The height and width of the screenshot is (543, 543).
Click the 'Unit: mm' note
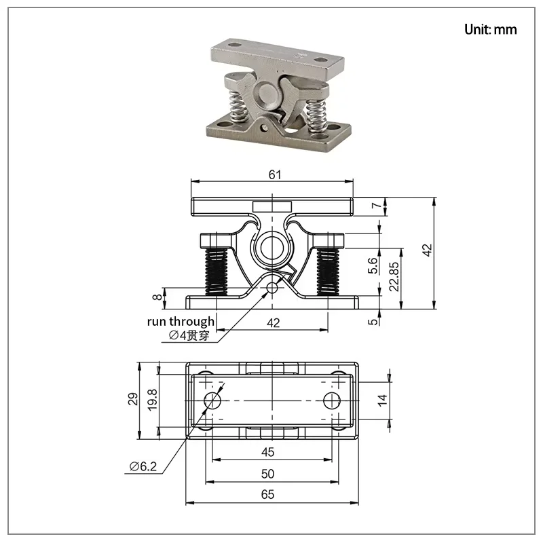click(x=490, y=29)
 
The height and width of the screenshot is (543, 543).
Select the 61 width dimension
click(x=275, y=174)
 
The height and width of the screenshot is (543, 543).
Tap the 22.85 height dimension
click(x=394, y=276)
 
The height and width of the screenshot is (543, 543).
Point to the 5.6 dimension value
click(x=372, y=265)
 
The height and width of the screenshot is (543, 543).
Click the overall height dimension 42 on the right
click(x=428, y=250)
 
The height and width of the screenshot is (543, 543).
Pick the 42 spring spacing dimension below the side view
click(x=274, y=323)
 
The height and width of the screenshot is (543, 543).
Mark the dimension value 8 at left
click(x=157, y=297)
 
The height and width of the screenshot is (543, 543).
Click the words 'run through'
click(x=181, y=321)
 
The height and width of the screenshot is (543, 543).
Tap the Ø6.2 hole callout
click(x=143, y=466)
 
